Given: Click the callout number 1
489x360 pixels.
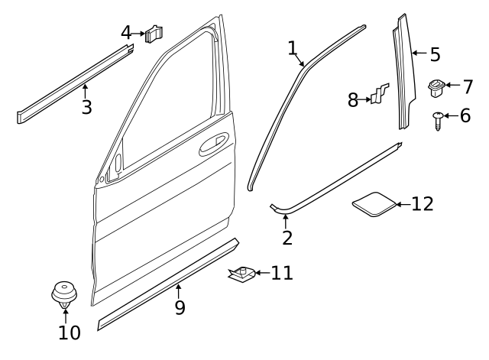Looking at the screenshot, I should [x=292, y=48].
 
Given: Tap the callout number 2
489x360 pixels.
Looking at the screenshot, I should [x=287, y=237].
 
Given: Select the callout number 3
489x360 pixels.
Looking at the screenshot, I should [x=86, y=107].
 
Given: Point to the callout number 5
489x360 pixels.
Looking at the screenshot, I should [x=435, y=54].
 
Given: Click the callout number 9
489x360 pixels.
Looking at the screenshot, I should [x=180, y=307].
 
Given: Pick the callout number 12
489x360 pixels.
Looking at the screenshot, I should [x=422, y=204].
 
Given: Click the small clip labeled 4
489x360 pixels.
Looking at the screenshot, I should [x=156, y=34].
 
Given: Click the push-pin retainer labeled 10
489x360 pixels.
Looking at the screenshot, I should [x=64, y=294].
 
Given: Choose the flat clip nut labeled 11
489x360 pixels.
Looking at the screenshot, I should [x=241, y=273].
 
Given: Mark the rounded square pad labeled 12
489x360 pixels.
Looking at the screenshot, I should [x=375, y=205].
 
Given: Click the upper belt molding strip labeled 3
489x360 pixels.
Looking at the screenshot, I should [x=73, y=83].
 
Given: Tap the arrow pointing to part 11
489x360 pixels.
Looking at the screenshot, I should [x=261, y=273].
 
